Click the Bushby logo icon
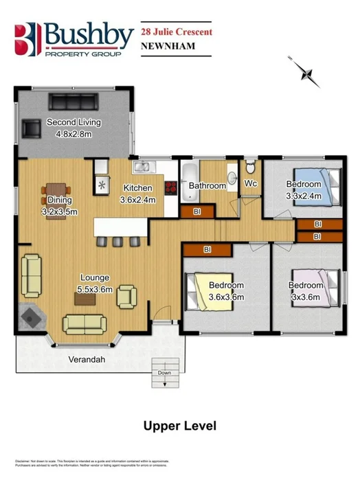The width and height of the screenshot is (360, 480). tap(27, 39)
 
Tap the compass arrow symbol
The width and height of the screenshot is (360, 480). tap(308, 74)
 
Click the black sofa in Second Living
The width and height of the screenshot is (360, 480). tap(74, 102)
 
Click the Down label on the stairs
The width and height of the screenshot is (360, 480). tap(164, 373)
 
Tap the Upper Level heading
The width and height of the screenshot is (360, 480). tap(179, 426)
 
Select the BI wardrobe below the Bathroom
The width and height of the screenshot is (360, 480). tap(196, 212)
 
